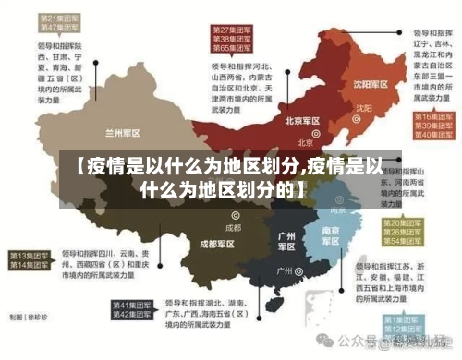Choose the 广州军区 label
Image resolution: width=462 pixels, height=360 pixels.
coord(286,242)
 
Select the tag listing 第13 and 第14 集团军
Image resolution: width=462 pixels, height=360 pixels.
coord(28,259)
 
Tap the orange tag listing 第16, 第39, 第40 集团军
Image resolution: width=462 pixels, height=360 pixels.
coord(430,125)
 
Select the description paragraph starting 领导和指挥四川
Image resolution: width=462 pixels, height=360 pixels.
coord(106,266)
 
